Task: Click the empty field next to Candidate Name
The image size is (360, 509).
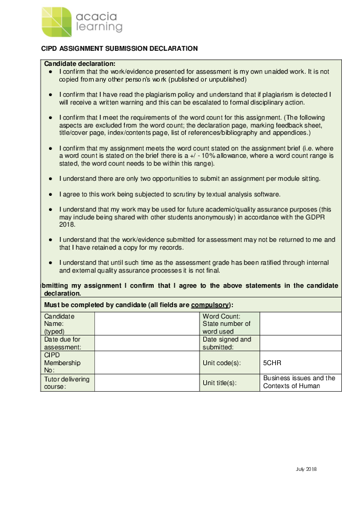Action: (146, 323)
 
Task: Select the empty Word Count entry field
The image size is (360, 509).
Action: (300, 323)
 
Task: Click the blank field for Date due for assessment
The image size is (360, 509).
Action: (146, 343)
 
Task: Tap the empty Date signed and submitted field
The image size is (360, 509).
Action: (300, 343)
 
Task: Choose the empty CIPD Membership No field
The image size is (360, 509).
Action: (146, 363)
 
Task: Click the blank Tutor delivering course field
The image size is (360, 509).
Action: (146, 383)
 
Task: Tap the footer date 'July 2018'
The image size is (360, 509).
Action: (306, 469)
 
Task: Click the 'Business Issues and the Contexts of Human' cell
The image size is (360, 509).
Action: (299, 382)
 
